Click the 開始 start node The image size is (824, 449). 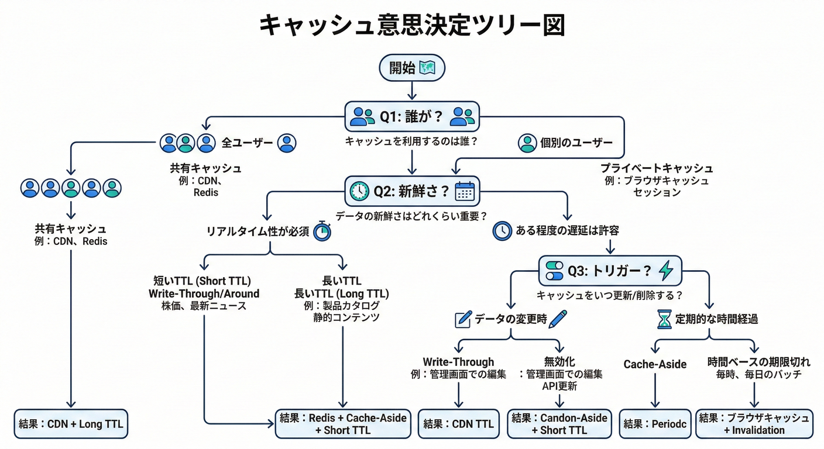412,68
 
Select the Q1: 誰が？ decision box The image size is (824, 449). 412,116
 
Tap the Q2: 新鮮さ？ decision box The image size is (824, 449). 412,191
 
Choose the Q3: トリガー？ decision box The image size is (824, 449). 610,270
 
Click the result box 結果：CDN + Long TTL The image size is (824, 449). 70,424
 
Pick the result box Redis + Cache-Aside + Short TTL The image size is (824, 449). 343,424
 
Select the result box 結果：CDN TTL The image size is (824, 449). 458,424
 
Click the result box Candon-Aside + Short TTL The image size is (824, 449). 559,424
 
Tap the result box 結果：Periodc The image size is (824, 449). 654,424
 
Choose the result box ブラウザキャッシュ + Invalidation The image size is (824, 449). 754,424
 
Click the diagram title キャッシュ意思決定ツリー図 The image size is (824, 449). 412,26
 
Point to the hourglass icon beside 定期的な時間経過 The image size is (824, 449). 664,319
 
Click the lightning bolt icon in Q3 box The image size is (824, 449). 666,270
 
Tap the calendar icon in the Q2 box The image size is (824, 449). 465,191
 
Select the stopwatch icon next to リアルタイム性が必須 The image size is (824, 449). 322,231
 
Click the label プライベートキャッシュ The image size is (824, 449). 656,168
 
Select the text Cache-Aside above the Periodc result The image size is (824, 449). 655,364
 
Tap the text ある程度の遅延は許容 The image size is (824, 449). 567,231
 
